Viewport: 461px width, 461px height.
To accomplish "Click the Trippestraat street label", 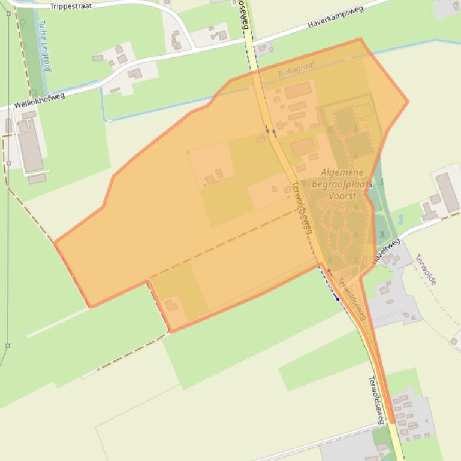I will (70, 7).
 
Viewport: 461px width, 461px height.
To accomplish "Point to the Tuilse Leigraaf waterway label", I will (43, 46).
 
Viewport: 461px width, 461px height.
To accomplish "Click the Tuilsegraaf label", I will (296, 72).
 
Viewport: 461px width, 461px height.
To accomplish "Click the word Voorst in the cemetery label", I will (342, 196).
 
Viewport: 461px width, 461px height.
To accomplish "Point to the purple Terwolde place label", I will (426, 269).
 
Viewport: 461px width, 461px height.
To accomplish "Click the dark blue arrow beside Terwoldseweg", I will (336, 296).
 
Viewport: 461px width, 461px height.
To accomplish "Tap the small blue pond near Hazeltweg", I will (400, 219).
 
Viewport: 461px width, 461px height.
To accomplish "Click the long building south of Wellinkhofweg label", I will (29, 144).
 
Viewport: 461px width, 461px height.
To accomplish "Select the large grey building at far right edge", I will (448, 192).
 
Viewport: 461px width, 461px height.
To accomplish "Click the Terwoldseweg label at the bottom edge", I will (376, 398).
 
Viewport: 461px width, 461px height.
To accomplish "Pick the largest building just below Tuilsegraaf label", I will (298, 91).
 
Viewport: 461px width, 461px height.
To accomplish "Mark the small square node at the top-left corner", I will (8, 13).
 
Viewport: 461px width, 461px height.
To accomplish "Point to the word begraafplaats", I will (351, 184).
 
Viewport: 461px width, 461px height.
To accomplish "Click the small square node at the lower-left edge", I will (8, 345).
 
